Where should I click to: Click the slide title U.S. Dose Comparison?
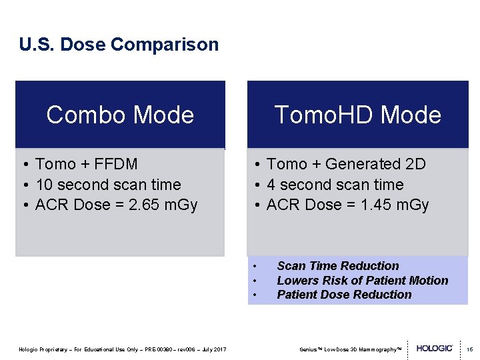[x=119, y=45]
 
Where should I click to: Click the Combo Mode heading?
[x=120, y=115]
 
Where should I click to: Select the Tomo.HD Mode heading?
[x=357, y=115]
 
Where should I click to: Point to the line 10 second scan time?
[x=107, y=185]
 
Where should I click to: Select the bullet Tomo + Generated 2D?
[x=345, y=164]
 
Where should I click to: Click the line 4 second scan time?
[x=335, y=185]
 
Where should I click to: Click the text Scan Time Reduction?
[x=337, y=266]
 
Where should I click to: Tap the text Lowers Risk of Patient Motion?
[x=362, y=281]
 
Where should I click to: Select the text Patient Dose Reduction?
[x=344, y=295]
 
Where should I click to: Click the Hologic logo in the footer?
[x=435, y=349]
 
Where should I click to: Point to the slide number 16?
[x=469, y=349]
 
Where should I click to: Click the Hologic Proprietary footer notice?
[x=122, y=349]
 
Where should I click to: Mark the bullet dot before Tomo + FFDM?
[x=24, y=165]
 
